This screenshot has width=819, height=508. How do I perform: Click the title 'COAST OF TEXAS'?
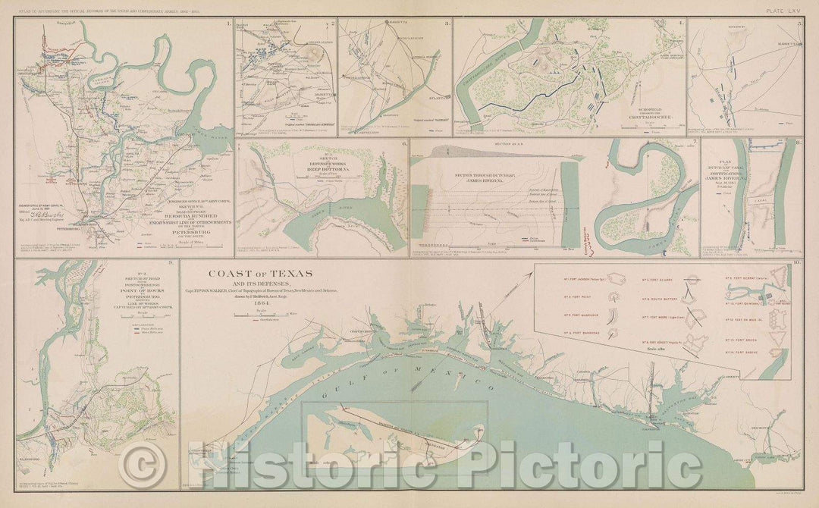tap(251, 274)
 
